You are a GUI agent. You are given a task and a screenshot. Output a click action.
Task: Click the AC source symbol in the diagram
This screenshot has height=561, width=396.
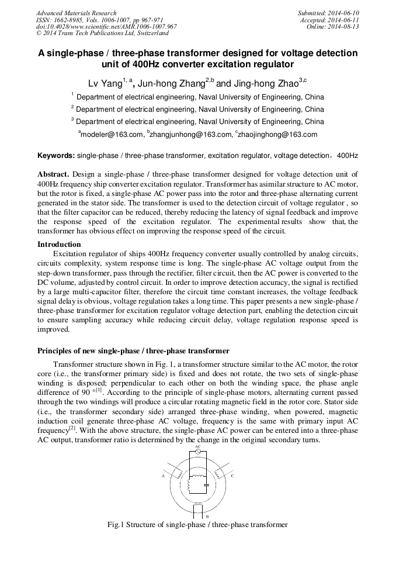tap(197, 452)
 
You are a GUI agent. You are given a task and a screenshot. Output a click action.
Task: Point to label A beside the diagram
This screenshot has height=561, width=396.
tap(163, 476)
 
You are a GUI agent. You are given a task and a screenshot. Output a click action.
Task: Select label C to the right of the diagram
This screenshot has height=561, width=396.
tap(232, 476)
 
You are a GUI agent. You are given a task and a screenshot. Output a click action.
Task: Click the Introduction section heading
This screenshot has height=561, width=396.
tap(59, 244)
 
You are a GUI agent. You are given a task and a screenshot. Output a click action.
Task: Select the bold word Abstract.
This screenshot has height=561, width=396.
tap(53, 174)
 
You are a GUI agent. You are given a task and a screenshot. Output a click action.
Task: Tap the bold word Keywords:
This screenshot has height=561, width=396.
tap(56, 156)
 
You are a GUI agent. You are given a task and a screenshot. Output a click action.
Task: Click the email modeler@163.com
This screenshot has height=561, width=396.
tap(112, 135)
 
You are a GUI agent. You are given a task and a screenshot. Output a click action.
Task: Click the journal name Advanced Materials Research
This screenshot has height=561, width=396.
tap(77, 13)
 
